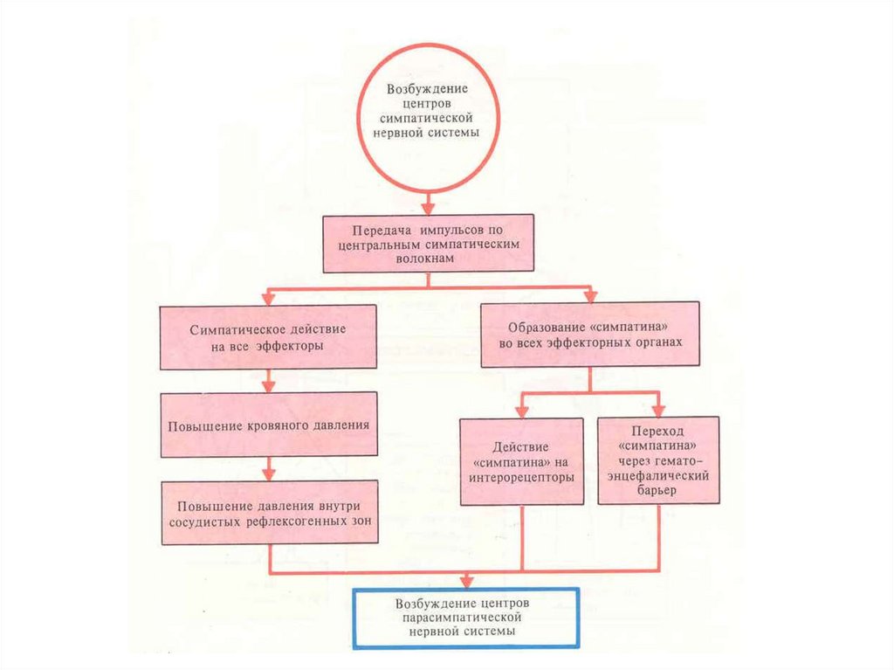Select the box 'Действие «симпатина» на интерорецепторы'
coord(522,461)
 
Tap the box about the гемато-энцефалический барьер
coord(659,460)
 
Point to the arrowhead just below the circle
coord(428,208)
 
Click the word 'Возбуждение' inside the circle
coord(428,89)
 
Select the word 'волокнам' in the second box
coord(427,259)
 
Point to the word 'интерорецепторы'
coord(522,477)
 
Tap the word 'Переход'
coord(659,432)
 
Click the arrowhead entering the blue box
coord(467,580)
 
